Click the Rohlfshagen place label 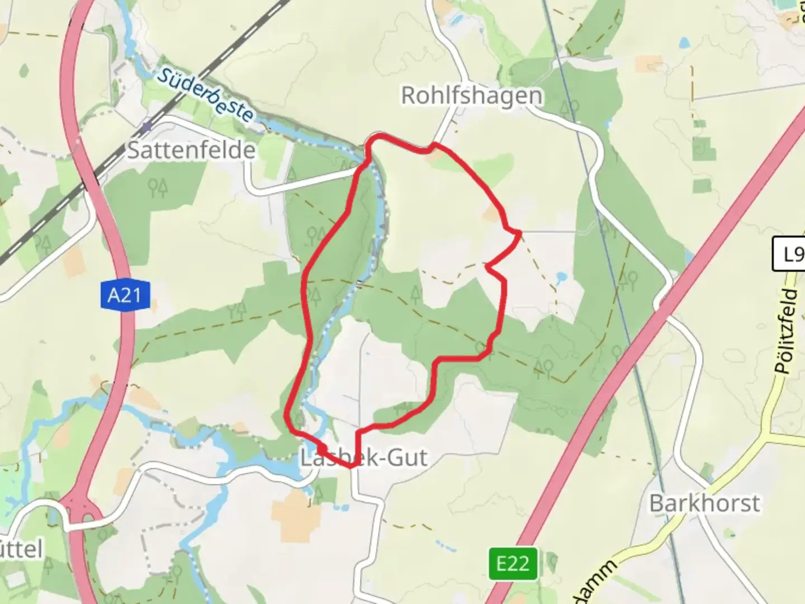point(471,96)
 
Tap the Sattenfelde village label point(191,150)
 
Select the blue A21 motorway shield point(125,295)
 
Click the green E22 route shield point(513,564)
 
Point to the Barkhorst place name point(704,503)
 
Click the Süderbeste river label point(205,95)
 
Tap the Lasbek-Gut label point(364,457)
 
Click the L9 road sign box point(789,254)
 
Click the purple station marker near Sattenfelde point(146,127)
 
